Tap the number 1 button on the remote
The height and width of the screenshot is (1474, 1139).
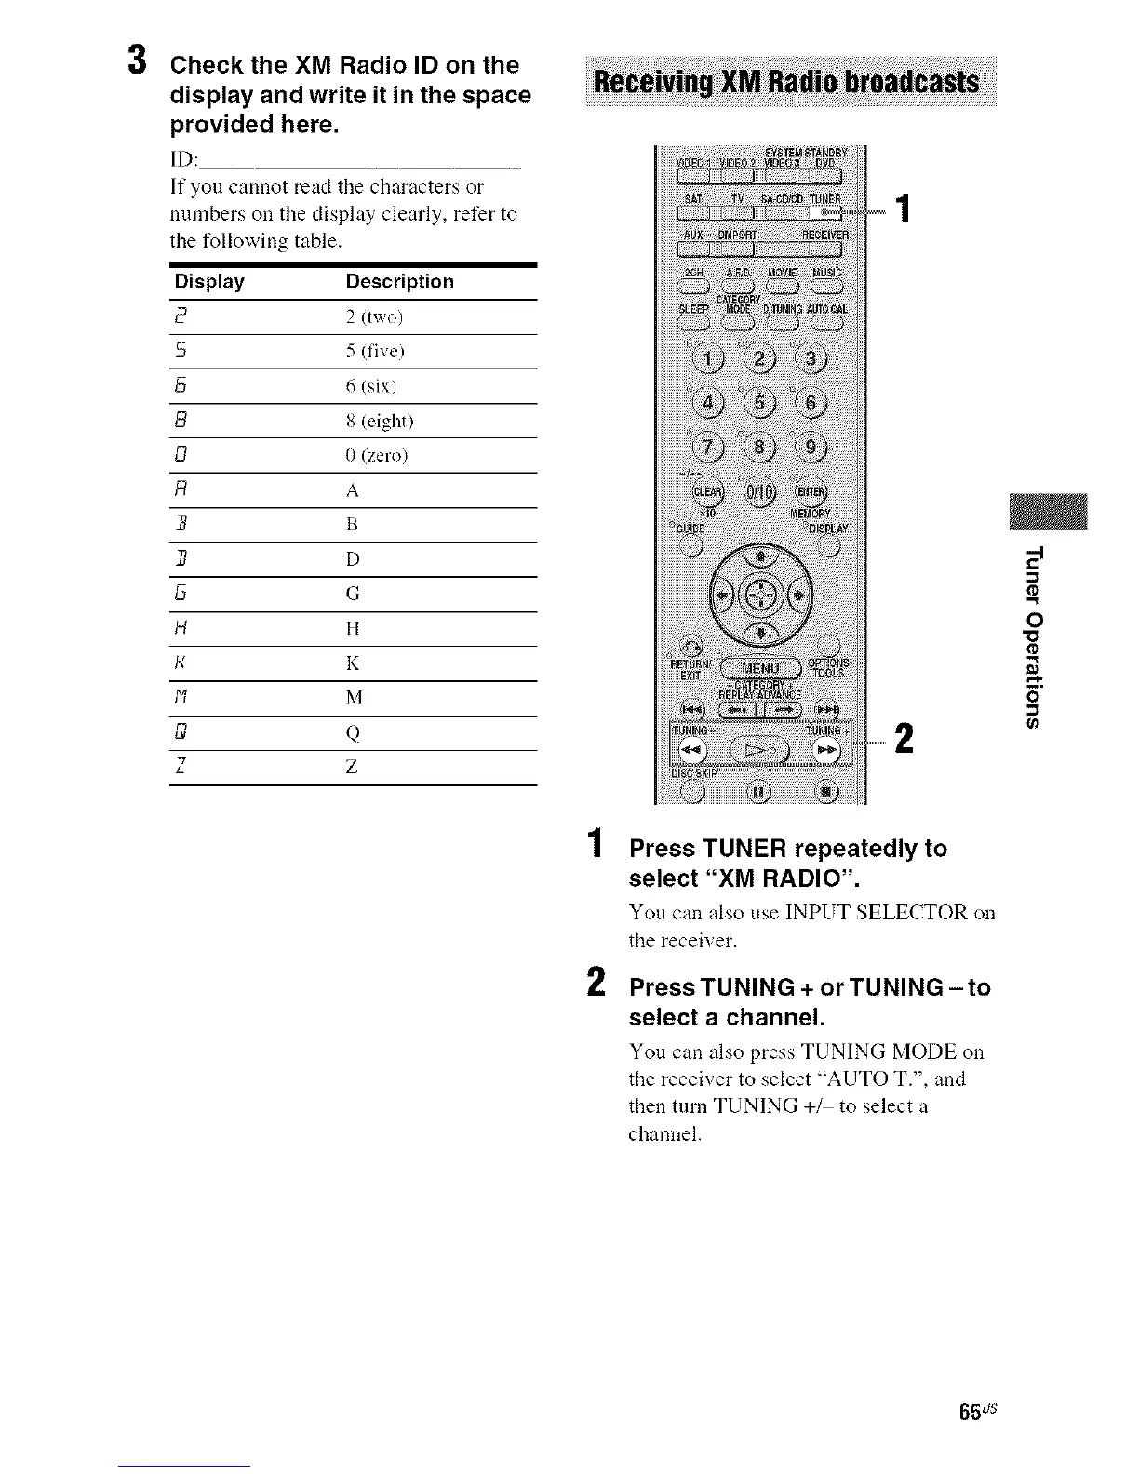click(712, 360)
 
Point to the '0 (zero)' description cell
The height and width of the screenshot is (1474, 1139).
click(376, 456)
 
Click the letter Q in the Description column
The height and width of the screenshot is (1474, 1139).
click(352, 733)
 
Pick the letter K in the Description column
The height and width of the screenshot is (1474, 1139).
click(352, 663)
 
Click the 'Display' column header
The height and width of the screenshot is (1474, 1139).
click(209, 281)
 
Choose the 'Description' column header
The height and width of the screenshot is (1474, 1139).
click(399, 281)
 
